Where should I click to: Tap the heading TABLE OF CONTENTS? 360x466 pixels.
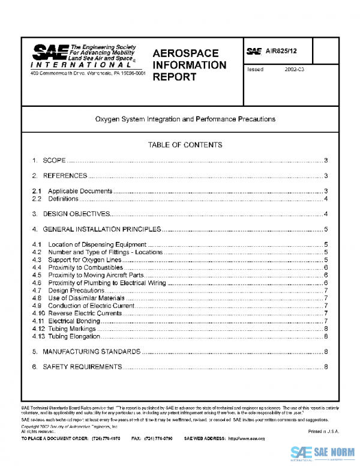click(x=185, y=145)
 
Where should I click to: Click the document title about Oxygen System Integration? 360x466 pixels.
click(x=185, y=119)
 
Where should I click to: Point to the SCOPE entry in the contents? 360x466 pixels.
click(x=53, y=160)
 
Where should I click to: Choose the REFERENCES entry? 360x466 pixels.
click(x=65, y=176)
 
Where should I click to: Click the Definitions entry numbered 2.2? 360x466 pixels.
click(x=63, y=199)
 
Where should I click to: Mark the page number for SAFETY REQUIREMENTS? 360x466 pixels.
click(x=325, y=366)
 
